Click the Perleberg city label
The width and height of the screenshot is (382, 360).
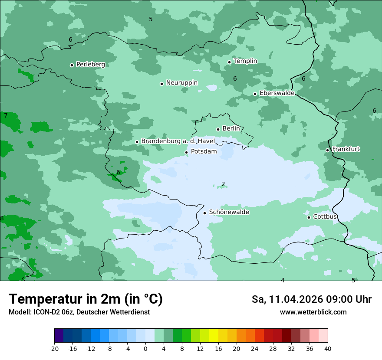click(x=90, y=65)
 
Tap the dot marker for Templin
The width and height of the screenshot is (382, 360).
click(x=229, y=62)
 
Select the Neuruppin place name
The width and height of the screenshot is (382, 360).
click(x=181, y=83)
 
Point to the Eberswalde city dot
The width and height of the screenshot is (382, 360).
click(x=255, y=94)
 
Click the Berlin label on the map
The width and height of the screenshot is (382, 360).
click(x=231, y=129)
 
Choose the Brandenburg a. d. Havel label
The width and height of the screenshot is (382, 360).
click(x=178, y=141)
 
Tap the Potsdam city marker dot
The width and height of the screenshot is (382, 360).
click(x=186, y=152)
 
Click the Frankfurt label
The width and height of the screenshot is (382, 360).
click(x=346, y=149)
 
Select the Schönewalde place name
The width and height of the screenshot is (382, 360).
click(x=229, y=212)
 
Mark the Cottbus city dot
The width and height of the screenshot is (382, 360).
click(x=309, y=217)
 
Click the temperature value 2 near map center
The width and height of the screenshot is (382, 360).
click(x=223, y=184)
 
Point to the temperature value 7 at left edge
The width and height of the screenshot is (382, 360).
click(x=6, y=115)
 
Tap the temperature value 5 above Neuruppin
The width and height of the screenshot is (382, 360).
click(x=151, y=19)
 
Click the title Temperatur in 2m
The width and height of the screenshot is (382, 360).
click(x=86, y=299)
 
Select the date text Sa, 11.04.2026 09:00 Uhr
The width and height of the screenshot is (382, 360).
click(x=311, y=299)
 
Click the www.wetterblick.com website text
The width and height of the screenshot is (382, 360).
click(x=313, y=312)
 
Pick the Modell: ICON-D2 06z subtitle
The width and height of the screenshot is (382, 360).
click(x=79, y=312)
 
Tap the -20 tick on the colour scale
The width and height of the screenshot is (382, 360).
click(x=54, y=349)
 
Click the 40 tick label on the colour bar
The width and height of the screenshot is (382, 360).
click(x=327, y=349)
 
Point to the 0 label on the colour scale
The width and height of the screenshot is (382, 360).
click(x=145, y=349)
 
